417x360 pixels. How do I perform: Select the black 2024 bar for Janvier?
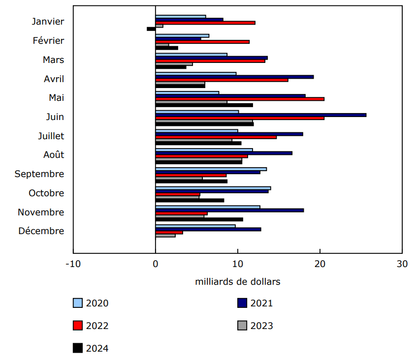click(x=151, y=29)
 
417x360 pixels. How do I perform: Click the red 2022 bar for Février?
click(x=202, y=42)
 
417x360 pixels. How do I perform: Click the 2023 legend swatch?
click(x=242, y=326)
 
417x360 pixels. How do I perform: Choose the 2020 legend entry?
click(x=91, y=303)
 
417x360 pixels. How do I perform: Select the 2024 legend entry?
click(x=91, y=348)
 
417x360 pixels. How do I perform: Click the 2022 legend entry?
click(x=91, y=326)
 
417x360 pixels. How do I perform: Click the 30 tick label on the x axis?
click(x=402, y=263)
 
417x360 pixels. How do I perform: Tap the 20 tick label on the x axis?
click(x=320, y=263)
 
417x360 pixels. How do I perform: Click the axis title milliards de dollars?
click(x=238, y=282)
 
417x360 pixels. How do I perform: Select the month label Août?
click(x=53, y=155)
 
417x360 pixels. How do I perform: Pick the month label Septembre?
click(x=39, y=174)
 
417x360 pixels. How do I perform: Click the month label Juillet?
click(x=51, y=136)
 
